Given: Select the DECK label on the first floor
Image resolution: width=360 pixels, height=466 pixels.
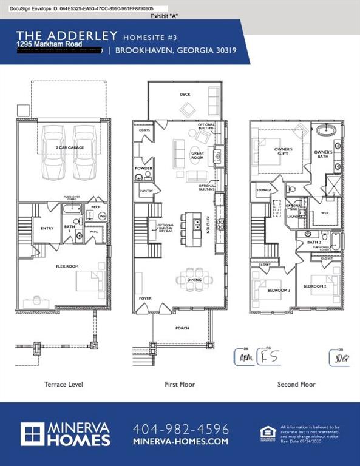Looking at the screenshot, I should pyautogui.click(x=185, y=94).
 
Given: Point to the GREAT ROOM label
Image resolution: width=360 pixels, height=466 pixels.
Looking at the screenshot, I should pyautogui.click(x=198, y=155).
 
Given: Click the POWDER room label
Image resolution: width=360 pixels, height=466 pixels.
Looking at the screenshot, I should pyautogui.click(x=144, y=168).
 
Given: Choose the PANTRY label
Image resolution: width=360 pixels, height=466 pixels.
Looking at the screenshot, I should pyautogui.click(x=146, y=191).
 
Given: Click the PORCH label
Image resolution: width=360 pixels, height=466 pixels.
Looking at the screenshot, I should pyautogui.click(x=182, y=328).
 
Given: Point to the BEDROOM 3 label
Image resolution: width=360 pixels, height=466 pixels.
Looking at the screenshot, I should pyautogui.click(x=279, y=290).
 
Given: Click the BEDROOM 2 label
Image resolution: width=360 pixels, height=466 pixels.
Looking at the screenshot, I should pyautogui.click(x=315, y=286).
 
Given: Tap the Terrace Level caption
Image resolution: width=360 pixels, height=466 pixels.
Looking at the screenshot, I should pyautogui.click(x=63, y=384).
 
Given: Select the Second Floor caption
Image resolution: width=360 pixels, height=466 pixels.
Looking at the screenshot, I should pyautogui.click(x=296, y=384).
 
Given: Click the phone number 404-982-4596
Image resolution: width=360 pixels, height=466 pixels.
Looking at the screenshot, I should pyautogui.click(x=180, y=428).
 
